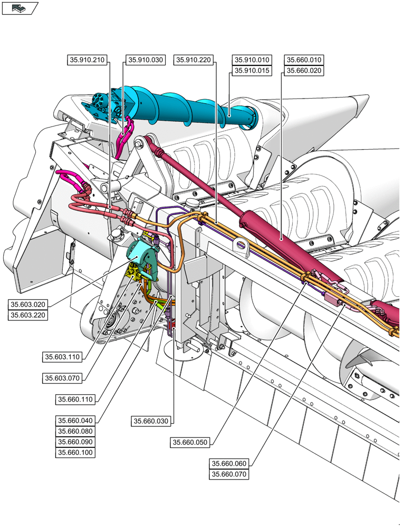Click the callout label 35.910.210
point(88,60)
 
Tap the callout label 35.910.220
point(193,60)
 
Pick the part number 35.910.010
point(252,60)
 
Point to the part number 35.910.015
point(252,71)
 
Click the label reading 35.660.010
point(303,60)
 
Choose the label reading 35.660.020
point(303,71)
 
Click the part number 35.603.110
point(62,357)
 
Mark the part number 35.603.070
point(62,378)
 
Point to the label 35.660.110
point(75,399)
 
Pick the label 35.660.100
point(75,452)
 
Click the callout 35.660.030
point(151,421)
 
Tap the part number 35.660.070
point(229,474)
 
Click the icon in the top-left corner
point(20,8)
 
